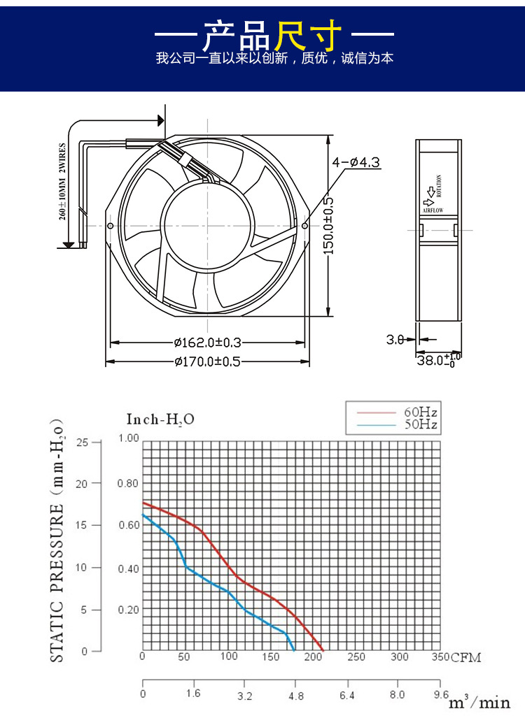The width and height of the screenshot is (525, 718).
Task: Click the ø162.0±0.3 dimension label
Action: [208, 343]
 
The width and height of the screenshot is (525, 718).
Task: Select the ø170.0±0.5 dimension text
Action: [208, 361]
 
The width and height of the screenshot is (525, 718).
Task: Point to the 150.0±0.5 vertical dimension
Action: [328, 226]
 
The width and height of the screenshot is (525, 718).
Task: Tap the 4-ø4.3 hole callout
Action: [356, 162]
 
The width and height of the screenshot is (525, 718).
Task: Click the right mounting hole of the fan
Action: [305, 226]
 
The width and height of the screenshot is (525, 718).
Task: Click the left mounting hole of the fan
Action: [110, 226]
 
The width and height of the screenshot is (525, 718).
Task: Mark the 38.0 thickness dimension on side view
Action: [439, 360]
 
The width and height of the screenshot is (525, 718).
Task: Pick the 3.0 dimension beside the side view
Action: [395, 339]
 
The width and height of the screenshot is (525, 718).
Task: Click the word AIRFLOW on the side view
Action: [433, 210]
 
